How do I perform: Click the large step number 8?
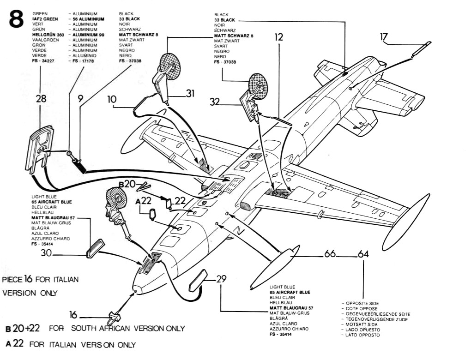pos(16,18)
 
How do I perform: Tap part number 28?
pos(41,98)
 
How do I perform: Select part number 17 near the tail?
pos(384,37)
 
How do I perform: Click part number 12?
pos(278,37)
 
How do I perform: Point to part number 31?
pos(190,93)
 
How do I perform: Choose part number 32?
pos(215,102)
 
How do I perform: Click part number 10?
pos(111,99)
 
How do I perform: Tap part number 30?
pos(46,253)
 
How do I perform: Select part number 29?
pos(221,279)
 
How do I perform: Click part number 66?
pos(330,254)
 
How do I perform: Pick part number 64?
pos(363,254)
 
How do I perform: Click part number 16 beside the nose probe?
pos(73,315)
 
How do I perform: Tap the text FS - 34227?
pos(43,61)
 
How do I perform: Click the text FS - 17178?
pos(83,61)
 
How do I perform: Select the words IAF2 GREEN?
pos(45,19)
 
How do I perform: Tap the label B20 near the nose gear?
pos(127,184)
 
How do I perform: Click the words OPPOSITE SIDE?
pos(362,304)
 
